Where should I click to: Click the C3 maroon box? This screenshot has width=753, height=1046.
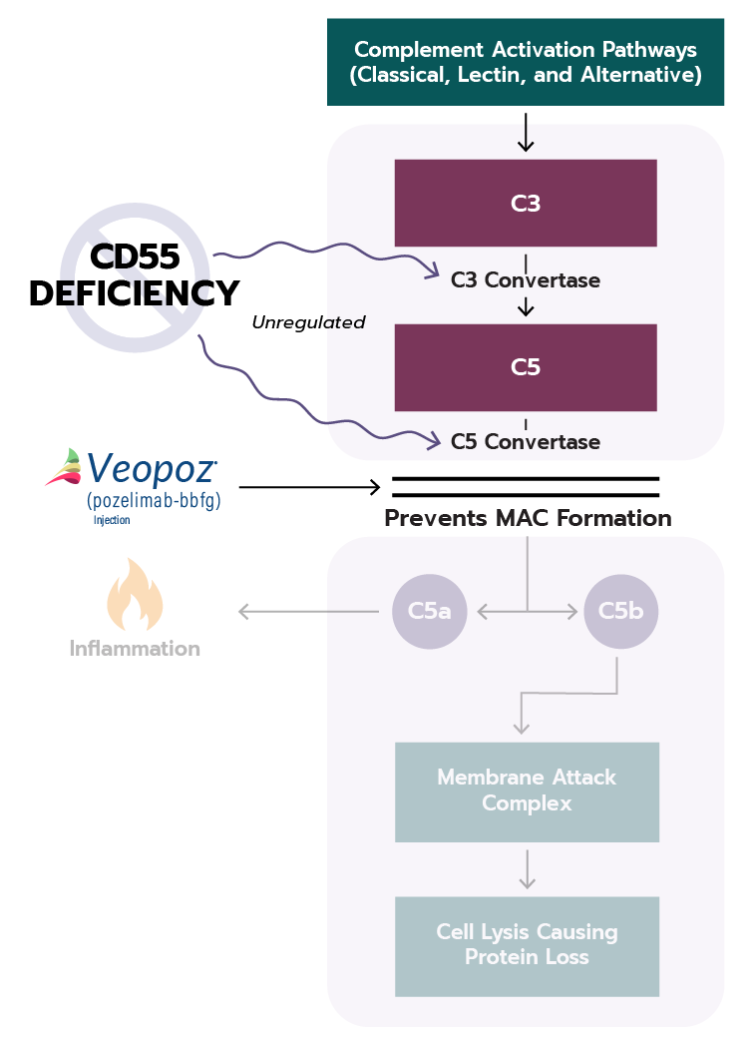pos(526,203)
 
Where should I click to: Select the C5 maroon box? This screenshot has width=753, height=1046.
pos(526,367)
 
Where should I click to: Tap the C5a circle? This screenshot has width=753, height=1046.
pos(430,611)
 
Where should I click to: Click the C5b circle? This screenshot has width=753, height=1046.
pos(620,611)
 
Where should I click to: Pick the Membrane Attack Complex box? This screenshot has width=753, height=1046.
pos(527,790)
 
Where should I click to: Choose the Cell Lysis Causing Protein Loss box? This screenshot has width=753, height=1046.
pos(527,945)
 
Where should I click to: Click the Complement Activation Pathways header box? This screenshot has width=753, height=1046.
pos(526,61)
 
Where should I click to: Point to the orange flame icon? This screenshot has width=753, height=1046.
pos(134,595)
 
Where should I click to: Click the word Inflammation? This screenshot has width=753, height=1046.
pos(135,649)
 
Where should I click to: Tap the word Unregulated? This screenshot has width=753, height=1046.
pos(308,322)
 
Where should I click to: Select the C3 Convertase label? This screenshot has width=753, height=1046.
pos(526,280)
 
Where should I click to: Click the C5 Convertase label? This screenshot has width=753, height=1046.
pos(526,441)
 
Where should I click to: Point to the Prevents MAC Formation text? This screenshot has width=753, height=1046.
pos(528,518)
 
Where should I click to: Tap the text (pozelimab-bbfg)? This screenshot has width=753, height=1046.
pos(154,499)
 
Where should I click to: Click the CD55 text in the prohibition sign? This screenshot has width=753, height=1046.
pos(135,258)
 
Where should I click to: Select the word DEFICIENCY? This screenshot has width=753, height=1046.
pos(135,293)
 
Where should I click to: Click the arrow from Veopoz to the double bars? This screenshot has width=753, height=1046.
pos(309,487)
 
